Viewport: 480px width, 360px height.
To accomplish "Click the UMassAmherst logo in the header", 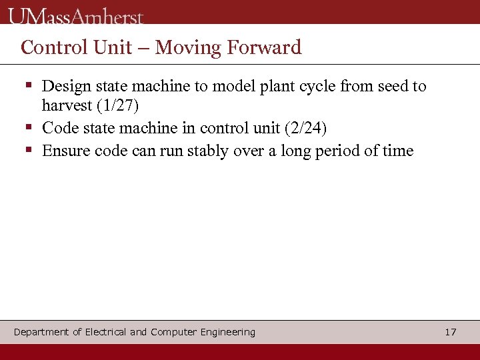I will (76, 15).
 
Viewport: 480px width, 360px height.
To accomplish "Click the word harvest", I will (67, 105).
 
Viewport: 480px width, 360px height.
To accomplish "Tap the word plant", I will (265, 86).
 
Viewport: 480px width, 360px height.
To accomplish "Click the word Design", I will (65, 86).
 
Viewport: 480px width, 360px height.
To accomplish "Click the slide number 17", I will (451, 332).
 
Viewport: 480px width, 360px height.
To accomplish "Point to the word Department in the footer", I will (41, 332).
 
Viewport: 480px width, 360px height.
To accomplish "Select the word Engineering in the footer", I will (227, 332).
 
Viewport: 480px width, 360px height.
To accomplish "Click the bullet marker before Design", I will (29, 86).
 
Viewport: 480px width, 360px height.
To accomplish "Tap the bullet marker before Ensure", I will (29, 151).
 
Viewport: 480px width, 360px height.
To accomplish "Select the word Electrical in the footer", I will (106, 332).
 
